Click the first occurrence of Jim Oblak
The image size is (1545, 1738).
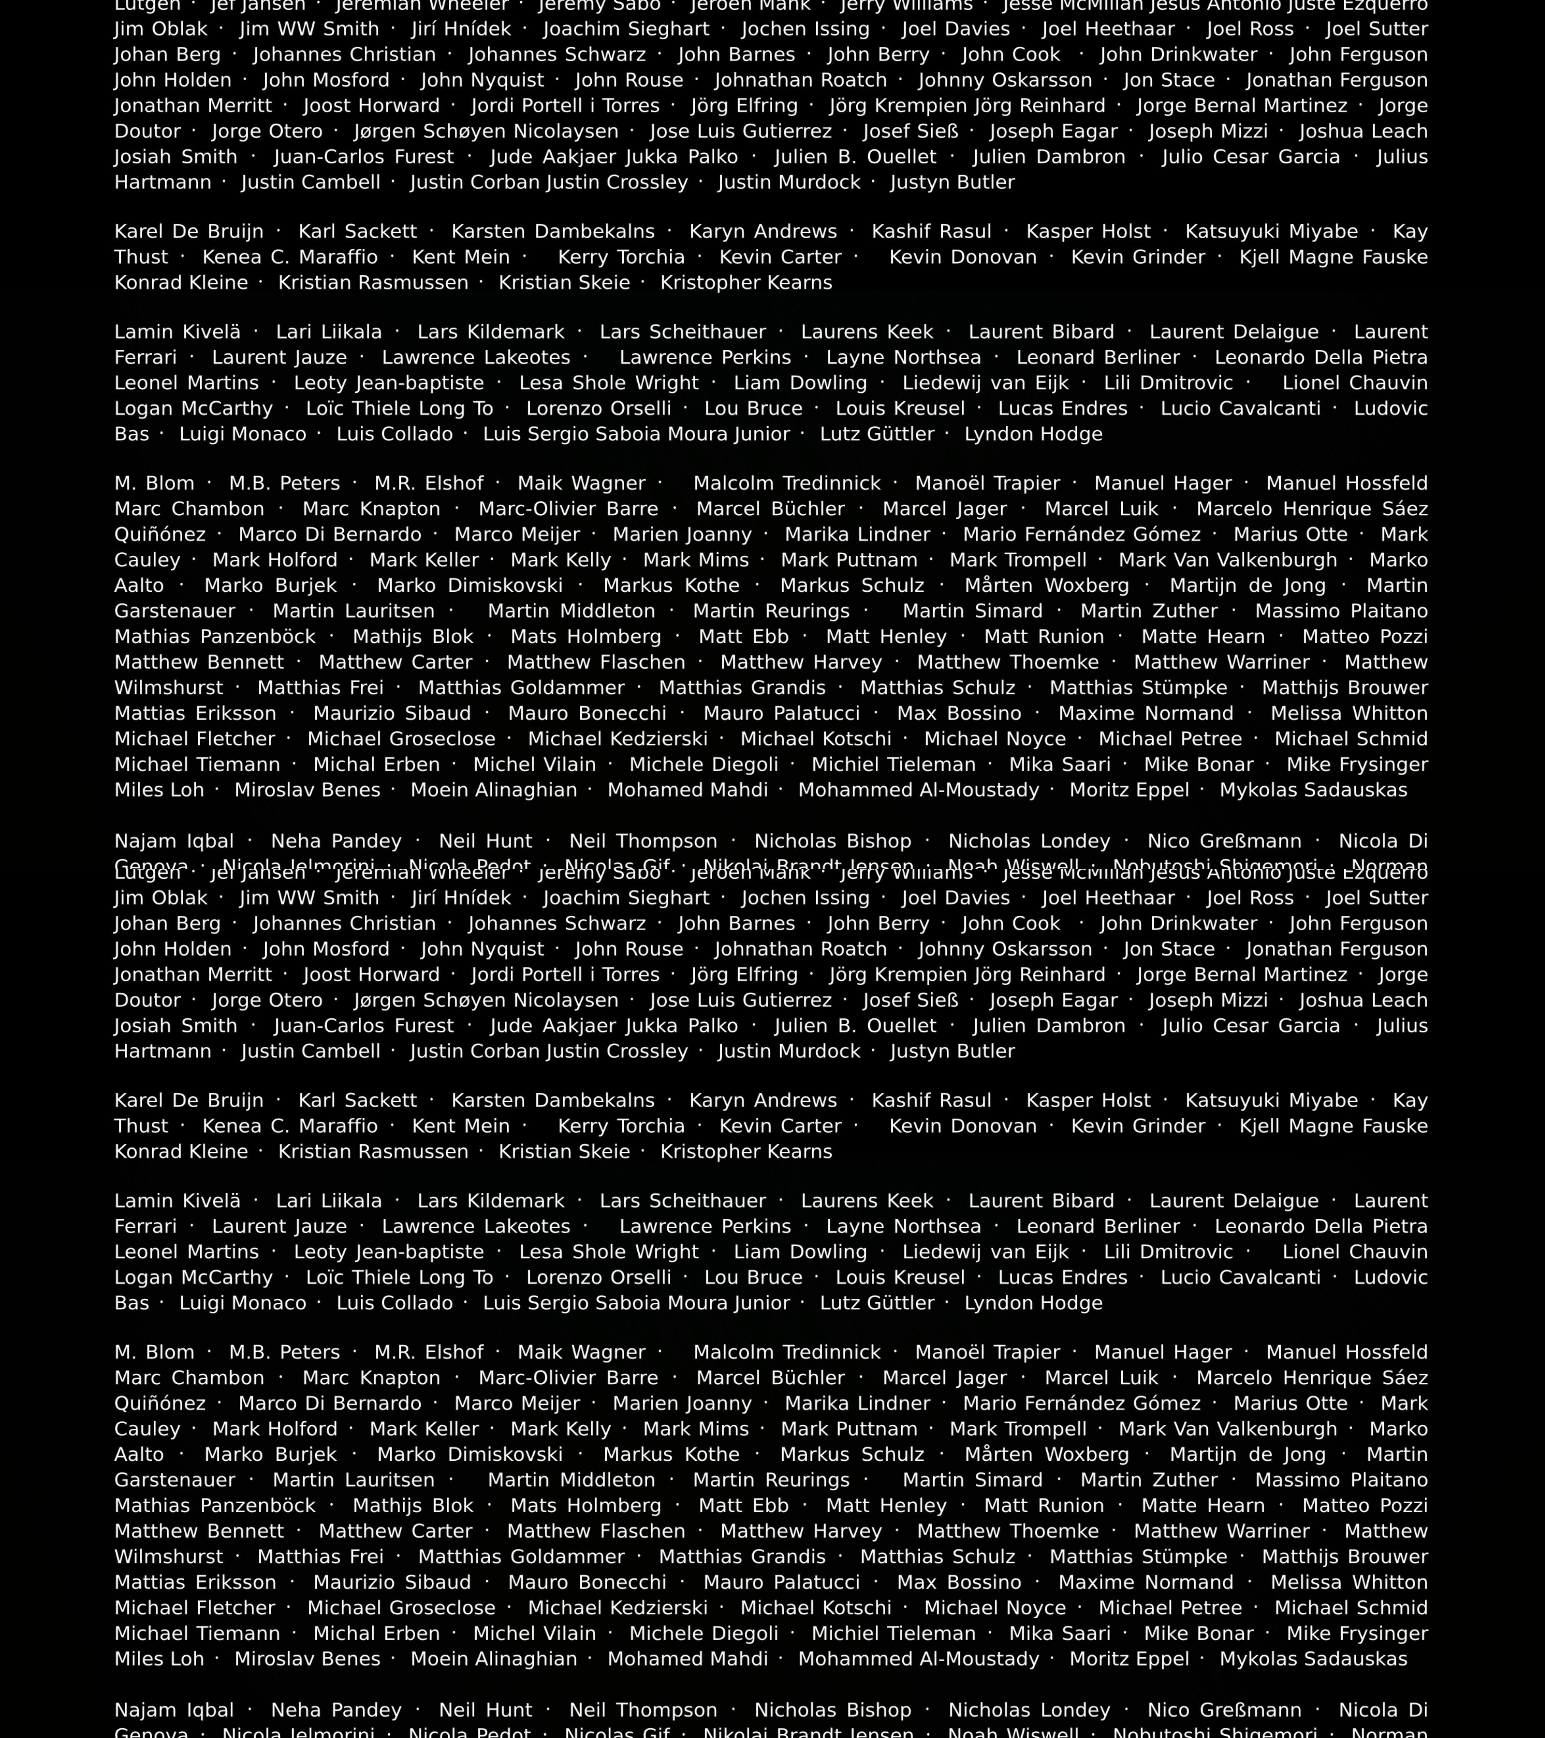pyautogui.click(x=161, y=29)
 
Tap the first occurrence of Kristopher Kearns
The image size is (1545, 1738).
pyautogui.click(x=746, y=282)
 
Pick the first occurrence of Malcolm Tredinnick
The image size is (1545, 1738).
pyautogui.click(x=786, y=483)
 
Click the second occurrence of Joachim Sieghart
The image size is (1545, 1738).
pyautogui.click(x=626, y=898)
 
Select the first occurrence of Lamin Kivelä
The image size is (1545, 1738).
pyautogui.click(x=177, y=332)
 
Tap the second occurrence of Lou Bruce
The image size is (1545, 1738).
pyautogui.click(x=752, y=1277)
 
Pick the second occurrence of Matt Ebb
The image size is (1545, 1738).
pyautogui.click(x=743, y=1505)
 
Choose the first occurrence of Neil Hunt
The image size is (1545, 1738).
pyautogui.click(x=485, y=841)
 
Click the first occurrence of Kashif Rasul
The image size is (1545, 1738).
pyautogui.click(x=931, y=231)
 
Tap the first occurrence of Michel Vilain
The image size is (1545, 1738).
pyautogui.click(x=534, y=764)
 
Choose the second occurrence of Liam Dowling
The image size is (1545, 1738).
pyautogui.click(x=800, y=1252)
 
